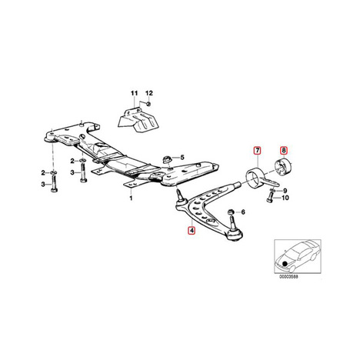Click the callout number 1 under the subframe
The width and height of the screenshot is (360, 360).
tap(131, 198)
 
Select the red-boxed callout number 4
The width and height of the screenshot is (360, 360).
tap(192, 231)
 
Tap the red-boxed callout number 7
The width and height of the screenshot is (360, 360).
tap(257, 151)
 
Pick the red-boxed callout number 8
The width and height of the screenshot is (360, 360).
tap(284, 150)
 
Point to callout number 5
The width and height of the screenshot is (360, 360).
tap(182, 157)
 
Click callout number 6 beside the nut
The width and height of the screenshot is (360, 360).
tap(243, 212)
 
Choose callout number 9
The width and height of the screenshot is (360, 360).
tap(285, 191)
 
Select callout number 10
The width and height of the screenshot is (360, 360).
tap(285, 198)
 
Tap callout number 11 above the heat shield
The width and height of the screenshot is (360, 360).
tap(135, 93)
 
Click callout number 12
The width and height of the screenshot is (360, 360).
tap(149, 93)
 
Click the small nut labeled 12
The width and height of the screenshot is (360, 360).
tap(148, 104)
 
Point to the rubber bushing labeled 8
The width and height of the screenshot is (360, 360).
tap(283, 167)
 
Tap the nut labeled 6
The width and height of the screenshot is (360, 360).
tap(231, 212)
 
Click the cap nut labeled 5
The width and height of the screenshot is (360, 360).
tap(167, 159)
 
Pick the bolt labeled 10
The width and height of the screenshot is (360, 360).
tap(269, 198)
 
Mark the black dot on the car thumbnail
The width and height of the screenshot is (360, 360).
tap(284, 263)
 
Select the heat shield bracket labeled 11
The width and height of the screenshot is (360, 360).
tap(137, 121)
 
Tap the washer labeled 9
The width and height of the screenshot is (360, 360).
tap(274, 190)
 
